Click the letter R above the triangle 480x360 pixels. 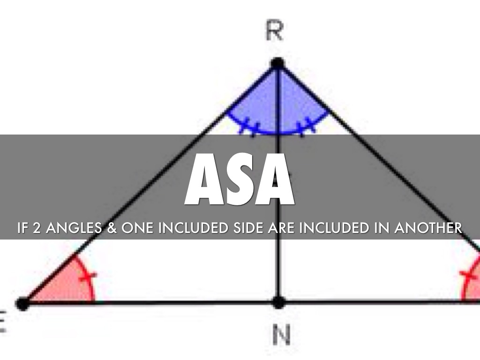[x=274, y=32]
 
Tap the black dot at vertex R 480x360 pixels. [x=278, y=63]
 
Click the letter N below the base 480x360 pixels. [x=281, y=335]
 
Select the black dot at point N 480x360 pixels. [x=278, y=302]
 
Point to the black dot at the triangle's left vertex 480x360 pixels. [x=22, y=303]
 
